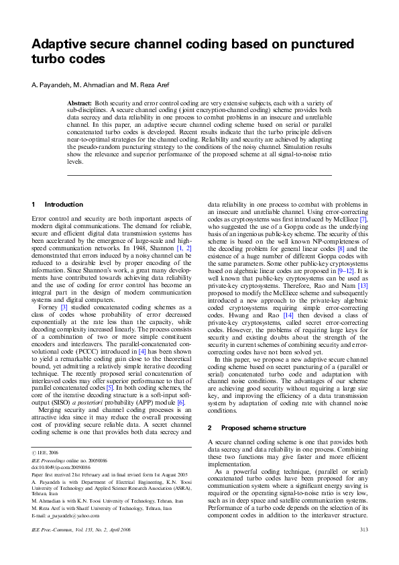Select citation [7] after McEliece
(363, 219)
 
